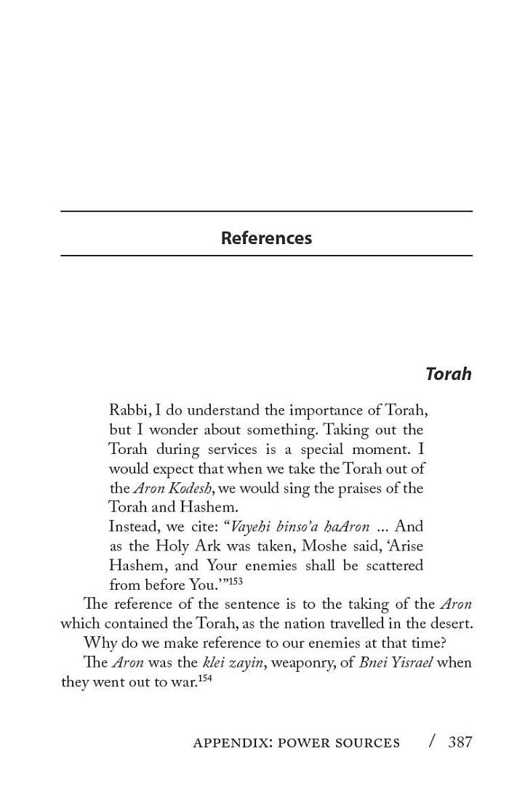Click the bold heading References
tap(266, 238)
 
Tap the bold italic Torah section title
tap(448, 374)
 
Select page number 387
tap(460, 742)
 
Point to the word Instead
tap(132, 527)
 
